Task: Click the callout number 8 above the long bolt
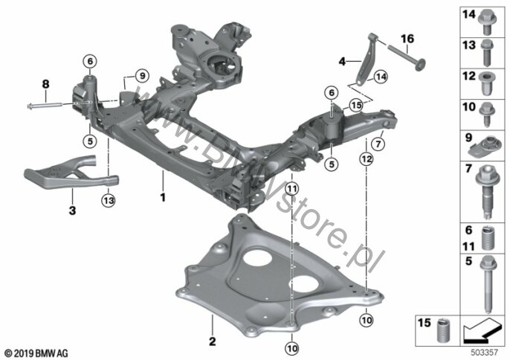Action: (x=44, y=84)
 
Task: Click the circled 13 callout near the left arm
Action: (x=109, y=199)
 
